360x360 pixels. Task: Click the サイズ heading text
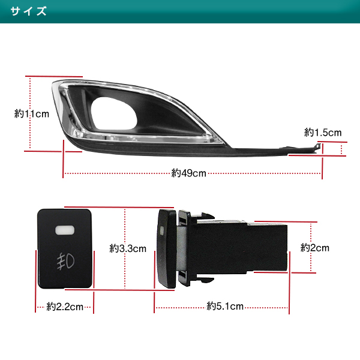pos(28,11)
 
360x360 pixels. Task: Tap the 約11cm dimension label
pos(32,113)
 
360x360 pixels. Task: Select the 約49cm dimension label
pos(189,173)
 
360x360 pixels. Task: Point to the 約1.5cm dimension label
pos(323,133)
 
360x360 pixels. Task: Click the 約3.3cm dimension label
pos(128,248)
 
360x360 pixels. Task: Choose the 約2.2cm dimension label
pos(65,307)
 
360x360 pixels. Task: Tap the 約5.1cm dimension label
pos(225,306)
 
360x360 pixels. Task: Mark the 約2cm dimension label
pos(315,248)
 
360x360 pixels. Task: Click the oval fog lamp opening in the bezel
pos(114,113)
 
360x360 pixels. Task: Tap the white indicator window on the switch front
pos(65,230)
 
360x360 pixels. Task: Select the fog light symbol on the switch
pos(65,261)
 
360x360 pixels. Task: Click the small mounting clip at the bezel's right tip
pos(317,147)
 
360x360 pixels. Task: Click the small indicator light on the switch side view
pos(163,231)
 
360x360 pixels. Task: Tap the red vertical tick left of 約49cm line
pos(63,159)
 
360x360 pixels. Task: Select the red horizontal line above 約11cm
pos(54,76)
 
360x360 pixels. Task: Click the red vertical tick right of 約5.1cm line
pos(289,283)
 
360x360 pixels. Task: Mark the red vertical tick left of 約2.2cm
pos(35,281)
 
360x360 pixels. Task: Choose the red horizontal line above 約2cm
pos(286,222)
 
